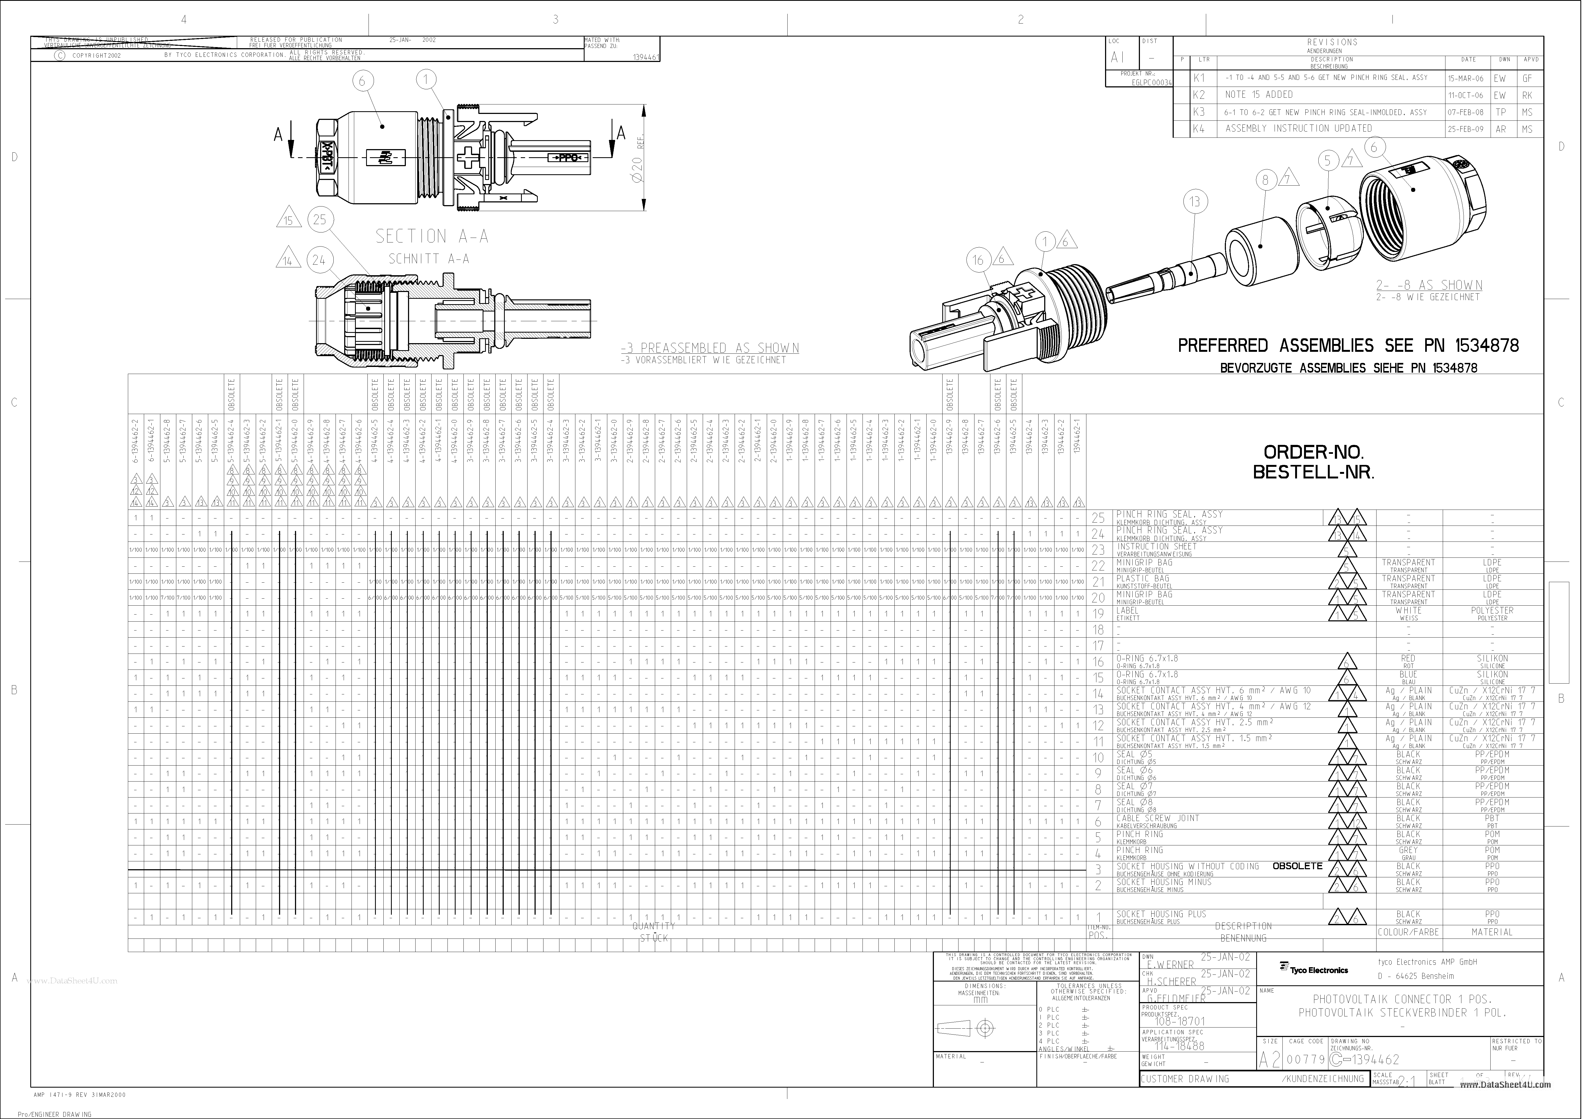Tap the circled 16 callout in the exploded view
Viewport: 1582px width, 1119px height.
(979, 260)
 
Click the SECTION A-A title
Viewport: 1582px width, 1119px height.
(431, 237)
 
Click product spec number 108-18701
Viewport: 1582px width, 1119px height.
(1180, 1021)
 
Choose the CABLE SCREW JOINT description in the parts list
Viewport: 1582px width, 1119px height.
(1158, 818)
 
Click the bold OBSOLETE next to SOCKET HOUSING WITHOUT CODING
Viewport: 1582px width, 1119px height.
(1297, 866)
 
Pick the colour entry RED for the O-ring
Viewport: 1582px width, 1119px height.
(1408, 658)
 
